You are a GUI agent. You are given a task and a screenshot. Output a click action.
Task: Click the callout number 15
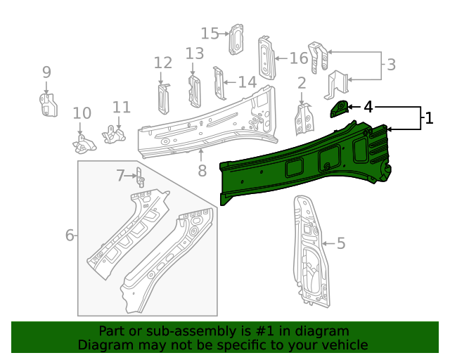click(x=210, y=33)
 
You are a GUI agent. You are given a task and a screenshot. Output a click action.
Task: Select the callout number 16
click(x=298, y=58)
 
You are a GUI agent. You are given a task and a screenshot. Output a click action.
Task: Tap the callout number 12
click(x=162, y=63)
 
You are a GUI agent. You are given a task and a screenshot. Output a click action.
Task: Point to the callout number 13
click(x=195, y=53)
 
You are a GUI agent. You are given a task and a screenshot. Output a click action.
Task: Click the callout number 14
click(x=247, y=82)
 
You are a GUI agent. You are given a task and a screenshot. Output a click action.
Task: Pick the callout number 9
click(x=46, y=72)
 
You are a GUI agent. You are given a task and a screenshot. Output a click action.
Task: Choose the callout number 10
click(x=82, y=113)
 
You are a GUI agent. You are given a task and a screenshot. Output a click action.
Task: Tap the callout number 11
click(x=122, y=107)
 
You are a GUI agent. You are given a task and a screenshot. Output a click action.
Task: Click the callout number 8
click(x=202, y=170)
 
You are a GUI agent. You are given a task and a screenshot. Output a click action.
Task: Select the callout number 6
click(x=70, y=235)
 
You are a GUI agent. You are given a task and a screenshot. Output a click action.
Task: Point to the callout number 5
click(x=341, y=243)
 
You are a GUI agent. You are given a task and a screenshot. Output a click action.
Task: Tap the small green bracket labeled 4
click(x=339, y=108)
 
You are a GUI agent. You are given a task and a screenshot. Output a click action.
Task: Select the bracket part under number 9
click(x=46, y=104)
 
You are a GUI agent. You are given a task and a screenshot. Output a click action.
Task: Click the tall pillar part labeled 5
click(x=309, y=253)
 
